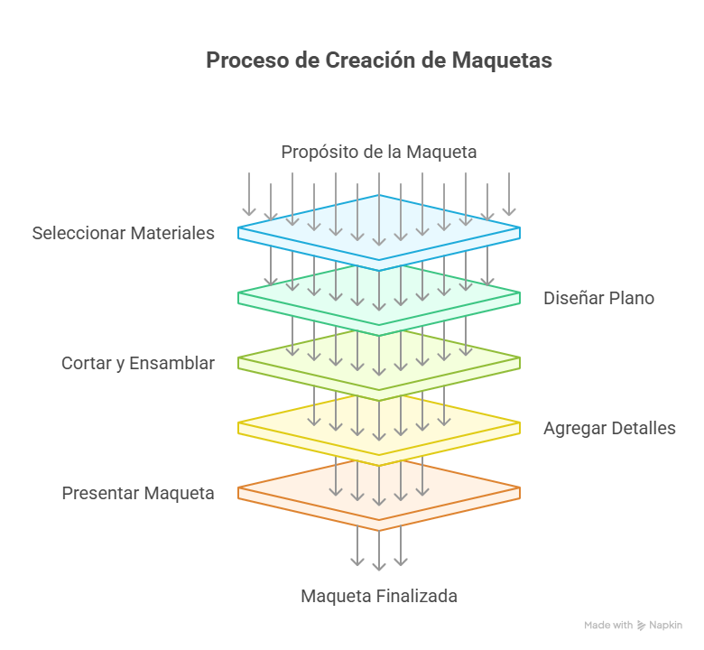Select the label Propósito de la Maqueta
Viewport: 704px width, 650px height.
(x=379, y=152)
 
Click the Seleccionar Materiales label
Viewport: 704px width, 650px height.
(x=123, y=233)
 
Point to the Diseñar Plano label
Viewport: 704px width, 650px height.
(x=599, y=298)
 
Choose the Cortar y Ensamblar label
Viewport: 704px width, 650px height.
(x=138, y=364)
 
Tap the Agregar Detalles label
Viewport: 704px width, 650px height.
(x=609, y=429)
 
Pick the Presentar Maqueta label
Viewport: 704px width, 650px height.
(x=138, y=493)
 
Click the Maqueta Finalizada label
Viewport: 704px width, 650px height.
(x=379, y=596)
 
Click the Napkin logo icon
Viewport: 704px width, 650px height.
(x=641, y=626)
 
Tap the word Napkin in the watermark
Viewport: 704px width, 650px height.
(x=665, y=626)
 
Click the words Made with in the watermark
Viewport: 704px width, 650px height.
(x=608, y=626)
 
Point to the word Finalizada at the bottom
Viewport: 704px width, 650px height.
(x=417, y=596)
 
